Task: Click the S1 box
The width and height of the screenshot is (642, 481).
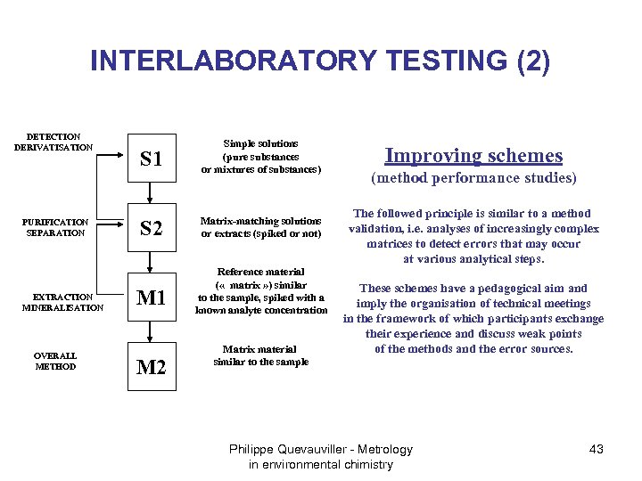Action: coord(152,159)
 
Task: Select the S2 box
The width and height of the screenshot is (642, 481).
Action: coord(152,228)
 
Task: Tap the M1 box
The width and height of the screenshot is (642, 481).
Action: coord(152,298)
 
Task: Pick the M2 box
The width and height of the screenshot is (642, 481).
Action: coord(152,365)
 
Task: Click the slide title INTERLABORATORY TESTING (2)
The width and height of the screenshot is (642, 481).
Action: coord(320,61)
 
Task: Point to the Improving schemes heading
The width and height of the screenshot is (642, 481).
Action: coord(473,155)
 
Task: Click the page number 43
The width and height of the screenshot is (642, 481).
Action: coord(597,449)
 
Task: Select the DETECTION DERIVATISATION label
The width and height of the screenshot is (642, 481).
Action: coord(53,142)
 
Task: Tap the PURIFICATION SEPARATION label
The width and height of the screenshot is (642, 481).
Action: coord(55,227)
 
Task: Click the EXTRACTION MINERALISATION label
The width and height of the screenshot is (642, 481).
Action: coord(62,302)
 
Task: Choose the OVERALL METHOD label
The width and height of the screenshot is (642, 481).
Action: coord(55,360)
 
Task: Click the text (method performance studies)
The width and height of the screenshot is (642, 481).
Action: coord(473,178)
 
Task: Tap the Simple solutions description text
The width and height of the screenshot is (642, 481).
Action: coord(260,156)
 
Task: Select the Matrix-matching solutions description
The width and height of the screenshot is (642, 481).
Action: coord(260,227)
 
